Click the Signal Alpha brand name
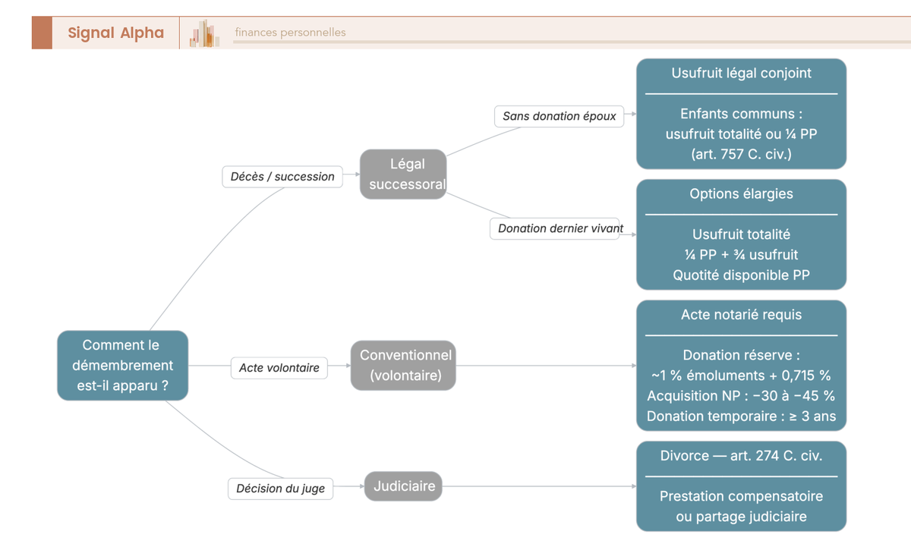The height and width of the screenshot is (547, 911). pyautogui.click(x=115, y=33)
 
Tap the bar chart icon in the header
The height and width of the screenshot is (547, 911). pyautogui.click(x=204, y=33)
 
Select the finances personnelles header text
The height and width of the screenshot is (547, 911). pyautogui.click(x=290, y=33)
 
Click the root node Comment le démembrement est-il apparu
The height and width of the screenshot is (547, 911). pyautogui.click(x=122, y=365)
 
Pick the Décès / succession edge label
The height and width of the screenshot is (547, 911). pyautogui.click(x=282, y=177)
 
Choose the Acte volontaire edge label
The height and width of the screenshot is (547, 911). pyautogui.click(x=279, y=368)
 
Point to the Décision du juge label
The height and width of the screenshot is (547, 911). pyautogui.click(x=280, y=489)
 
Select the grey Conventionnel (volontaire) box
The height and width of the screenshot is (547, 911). pyautogui.click(x=405, y=365)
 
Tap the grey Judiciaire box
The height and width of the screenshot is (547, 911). pyautogui.click(x=404, y=486)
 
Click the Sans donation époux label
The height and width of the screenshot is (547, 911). pyautogui.click(x=559, y=117)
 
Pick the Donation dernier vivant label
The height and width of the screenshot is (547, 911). pyautogui.click(x=560, y=228)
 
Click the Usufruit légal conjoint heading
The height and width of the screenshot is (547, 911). pyautogui.click(x=741, y=74)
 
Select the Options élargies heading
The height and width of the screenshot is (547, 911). pyautogui.click(x=741, y=194)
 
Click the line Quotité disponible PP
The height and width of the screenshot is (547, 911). pyautogui.click(x=741, y=275)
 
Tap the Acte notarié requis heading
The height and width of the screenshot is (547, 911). pyautogui.click(x=741, y=315)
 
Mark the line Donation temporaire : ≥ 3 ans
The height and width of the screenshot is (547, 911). pyautogui.click(x=741, y=417)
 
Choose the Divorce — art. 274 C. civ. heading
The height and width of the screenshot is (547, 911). pyautogui.click(x=741, y=456)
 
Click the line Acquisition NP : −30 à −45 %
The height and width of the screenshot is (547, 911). pyautogui.click(x=741, y=396)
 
